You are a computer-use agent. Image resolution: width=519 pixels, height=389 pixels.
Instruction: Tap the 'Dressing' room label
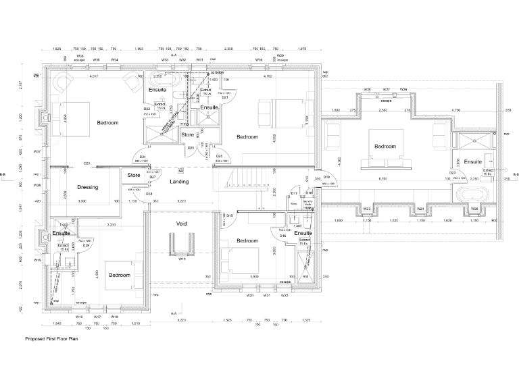pos(88,187)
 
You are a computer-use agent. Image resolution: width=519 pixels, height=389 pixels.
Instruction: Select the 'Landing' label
pos(179,182)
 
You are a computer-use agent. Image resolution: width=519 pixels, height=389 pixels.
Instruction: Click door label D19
pos(326,177)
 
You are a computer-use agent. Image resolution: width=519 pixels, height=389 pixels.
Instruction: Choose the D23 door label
pos(87,163)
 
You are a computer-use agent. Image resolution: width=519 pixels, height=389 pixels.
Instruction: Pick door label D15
pos(230,215)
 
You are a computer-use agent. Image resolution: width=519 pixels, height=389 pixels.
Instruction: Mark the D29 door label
pos(86,244)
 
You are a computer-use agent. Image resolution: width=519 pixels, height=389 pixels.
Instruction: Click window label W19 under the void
pos(182,258)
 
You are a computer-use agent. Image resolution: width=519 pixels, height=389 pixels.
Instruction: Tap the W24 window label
pos(420,209)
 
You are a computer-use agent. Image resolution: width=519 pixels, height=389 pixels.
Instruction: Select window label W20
pos(249,295)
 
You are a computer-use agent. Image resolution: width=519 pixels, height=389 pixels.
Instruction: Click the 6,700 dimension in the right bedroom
pos(383,179)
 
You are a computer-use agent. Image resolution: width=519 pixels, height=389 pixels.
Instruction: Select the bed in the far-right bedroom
pos(385,148)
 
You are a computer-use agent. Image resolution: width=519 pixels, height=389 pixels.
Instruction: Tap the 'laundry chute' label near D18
pos(308,204)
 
